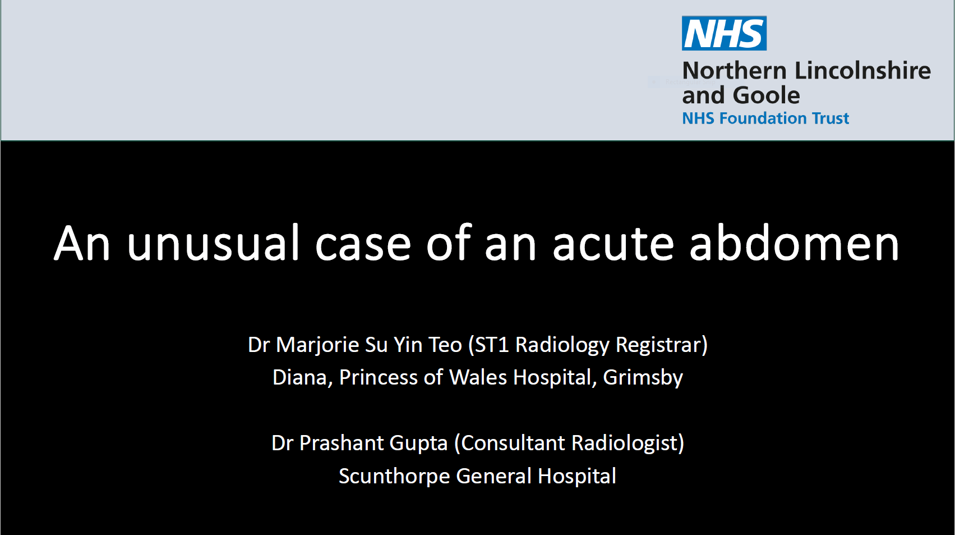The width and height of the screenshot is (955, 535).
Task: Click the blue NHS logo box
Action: click(x=724, y=33)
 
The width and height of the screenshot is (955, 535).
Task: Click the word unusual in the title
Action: click(x=213, y=243)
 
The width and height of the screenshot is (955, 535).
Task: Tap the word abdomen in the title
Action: click(x=794, y=243)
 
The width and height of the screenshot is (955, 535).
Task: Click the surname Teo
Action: click(x=445, y=344)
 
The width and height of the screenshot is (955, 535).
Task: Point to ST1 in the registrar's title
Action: click(x=492, y=344)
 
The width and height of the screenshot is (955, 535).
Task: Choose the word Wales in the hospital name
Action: click(x=478, y=378)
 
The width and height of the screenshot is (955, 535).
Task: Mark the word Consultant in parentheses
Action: click(x=513, y=443)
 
